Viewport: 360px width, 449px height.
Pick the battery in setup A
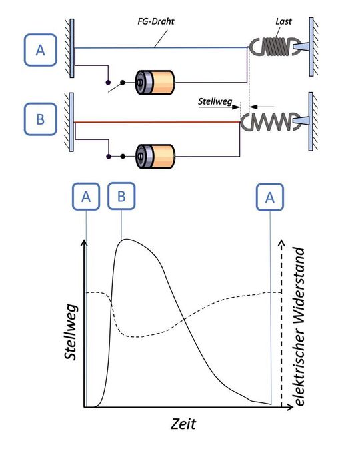(x=154, y=83)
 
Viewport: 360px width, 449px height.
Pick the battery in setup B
(x=154, y=157)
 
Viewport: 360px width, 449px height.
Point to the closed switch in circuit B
(x=115, y=157)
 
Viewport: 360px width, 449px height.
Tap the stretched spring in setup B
(x=267, y=122)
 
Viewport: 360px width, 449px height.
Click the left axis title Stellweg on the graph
(x=71, y=332)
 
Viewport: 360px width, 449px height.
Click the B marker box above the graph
(x=121, y=197)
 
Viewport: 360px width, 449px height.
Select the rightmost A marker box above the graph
(x=270, y=197)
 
